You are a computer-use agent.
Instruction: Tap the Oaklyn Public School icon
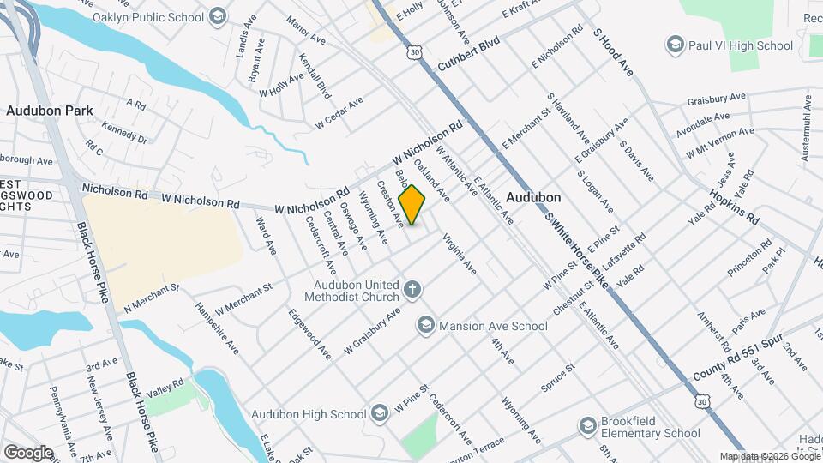pos(218,15)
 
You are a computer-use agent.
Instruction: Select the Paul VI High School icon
pos(675,45)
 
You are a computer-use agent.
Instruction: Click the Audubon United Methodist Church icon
pos(411,289)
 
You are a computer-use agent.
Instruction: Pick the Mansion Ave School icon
pos(425,325)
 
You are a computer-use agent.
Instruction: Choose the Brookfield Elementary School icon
pos(587,426)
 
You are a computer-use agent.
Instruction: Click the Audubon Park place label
pos(49,111)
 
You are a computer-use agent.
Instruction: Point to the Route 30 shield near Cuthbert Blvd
pos(415,53)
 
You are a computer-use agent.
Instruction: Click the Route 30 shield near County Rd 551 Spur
pos(703,401)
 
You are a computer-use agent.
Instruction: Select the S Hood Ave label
pos(613,52)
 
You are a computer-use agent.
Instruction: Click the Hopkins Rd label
pos(739,211)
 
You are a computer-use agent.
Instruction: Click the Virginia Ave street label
pos(459,256)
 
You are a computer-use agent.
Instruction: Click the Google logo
pos(28,452)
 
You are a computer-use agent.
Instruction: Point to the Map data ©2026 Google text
pos(770,456)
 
